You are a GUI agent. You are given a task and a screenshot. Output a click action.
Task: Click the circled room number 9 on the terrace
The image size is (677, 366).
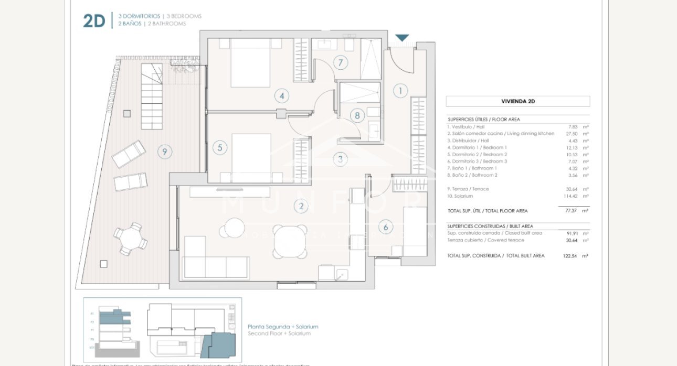(x=164, y=152)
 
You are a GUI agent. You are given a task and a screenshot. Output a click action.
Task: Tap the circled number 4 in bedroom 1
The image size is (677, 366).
(x=282, y=96)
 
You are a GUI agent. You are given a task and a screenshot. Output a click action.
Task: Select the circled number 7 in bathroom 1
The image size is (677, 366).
(x=340, y=63)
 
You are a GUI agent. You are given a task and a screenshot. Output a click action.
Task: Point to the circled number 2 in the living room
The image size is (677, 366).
(x=301, y=206)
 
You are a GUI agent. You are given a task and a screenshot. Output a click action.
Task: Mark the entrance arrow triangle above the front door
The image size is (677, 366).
(x=402, y=38)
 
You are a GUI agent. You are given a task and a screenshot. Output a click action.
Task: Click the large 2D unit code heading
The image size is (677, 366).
(x=94, y=21)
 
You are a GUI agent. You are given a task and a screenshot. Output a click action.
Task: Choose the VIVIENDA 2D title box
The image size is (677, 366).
(x=517, y=102)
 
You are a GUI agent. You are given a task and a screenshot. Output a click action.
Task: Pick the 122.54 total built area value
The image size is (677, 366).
(x=569, y=256)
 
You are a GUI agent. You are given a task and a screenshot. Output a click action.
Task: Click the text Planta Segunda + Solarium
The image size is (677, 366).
(x=283, y=327)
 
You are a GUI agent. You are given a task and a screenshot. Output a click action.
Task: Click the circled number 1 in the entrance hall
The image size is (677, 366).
(x=400, y=91)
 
